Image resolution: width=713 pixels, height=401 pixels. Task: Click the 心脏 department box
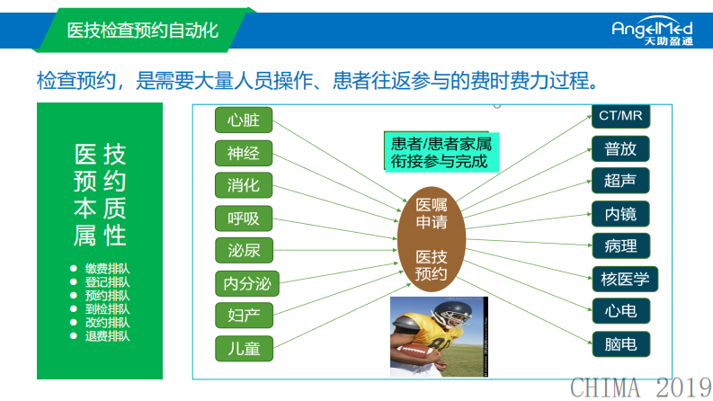[x=244, y=120]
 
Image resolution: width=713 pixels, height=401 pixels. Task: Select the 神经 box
[x=244, y=153]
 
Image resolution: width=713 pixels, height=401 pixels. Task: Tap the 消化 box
[x=244, y=185]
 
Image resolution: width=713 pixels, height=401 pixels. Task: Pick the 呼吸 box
[x=244, y=218]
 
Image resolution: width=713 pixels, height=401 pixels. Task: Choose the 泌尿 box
[x=244, y=250]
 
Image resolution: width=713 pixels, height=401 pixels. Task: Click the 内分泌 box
[x=247, y=284]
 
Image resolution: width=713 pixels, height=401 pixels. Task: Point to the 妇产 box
[x=244, y=316]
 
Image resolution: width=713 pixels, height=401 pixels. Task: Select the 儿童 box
[x=244, y=348]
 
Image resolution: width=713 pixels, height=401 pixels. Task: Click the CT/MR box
[x=620, y=116]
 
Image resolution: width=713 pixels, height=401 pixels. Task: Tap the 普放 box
[x=620, y=148]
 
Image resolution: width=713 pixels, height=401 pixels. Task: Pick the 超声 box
[x=620, y=180]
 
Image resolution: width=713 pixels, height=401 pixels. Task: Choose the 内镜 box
[x=620, y=213]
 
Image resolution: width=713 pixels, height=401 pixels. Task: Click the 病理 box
[x=620, y=245]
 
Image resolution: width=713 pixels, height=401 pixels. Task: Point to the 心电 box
[x=620, y=311]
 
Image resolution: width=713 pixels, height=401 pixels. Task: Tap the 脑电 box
[x=620, y=343]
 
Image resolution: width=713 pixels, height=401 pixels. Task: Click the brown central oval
[x=431, y=238]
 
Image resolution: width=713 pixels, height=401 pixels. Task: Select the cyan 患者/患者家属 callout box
[x=440, y=152]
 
